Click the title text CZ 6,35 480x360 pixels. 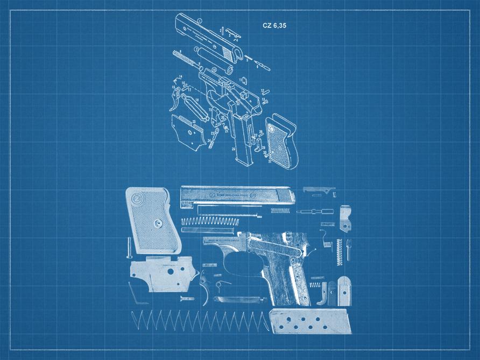(274, 25)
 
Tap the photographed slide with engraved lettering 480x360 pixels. (237, 196)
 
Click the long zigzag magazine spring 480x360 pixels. (199, 321)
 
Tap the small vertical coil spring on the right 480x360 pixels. (339, 251)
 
